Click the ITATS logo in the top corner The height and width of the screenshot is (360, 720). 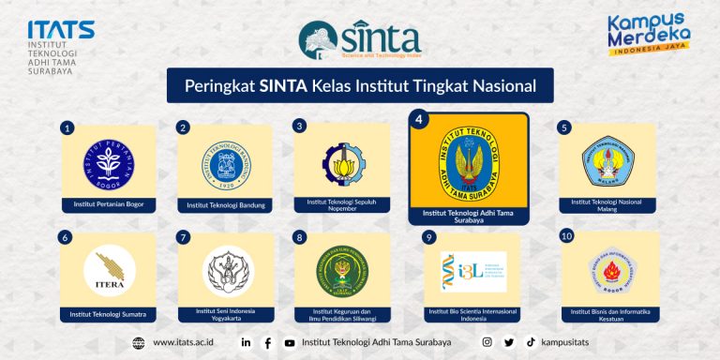point(61,45)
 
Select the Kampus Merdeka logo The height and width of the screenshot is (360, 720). point(649,35)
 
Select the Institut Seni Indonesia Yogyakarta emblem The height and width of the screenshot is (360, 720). point(225,270)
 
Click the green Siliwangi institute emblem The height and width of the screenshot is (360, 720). point(341,270)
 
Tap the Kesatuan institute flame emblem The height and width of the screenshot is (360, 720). point(607,272)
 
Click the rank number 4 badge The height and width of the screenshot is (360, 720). point(420,120)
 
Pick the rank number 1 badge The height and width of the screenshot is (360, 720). point(67,127)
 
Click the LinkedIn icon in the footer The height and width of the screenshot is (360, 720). point(246,342)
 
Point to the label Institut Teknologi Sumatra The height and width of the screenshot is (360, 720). point(109,313)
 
